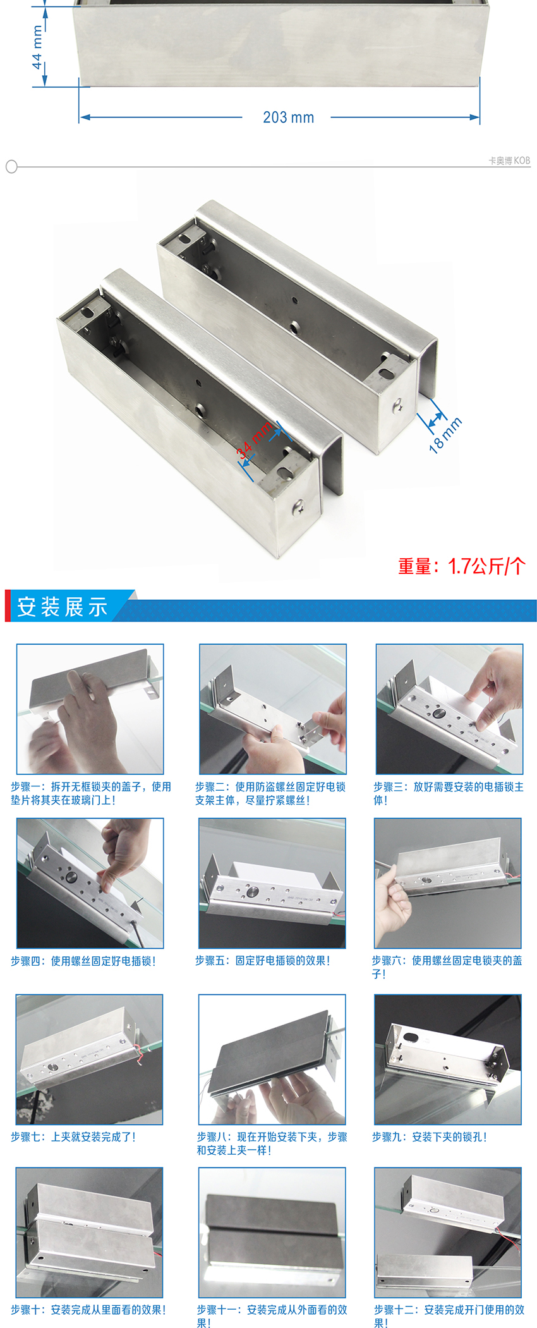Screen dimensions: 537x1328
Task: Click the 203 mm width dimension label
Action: pos(288,117)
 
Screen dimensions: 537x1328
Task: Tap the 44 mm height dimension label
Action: pos(37,47)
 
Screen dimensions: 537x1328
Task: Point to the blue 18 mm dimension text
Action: pos(445,435)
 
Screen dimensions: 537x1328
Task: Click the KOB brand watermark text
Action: pos(509,161)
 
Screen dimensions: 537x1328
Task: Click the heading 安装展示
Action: pos(63,607)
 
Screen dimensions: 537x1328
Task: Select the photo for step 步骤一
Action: pos(90,709)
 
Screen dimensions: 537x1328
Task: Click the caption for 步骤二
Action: pos(270,793)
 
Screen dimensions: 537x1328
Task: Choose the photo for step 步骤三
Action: pos(449,709)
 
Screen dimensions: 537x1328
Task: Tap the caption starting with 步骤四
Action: pos(83,961)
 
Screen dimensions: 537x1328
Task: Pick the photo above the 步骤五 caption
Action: pos(272,883)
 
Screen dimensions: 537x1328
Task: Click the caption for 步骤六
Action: pos(447,967)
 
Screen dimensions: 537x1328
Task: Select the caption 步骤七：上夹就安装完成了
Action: pos(73,1136)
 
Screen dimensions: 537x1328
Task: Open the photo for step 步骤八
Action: pos(272,1059)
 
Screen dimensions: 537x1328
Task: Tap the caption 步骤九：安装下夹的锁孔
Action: pos(430,1136)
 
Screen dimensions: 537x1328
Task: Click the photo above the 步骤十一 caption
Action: pos(272,1233)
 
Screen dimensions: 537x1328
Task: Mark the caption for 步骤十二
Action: pos(449,1316)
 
